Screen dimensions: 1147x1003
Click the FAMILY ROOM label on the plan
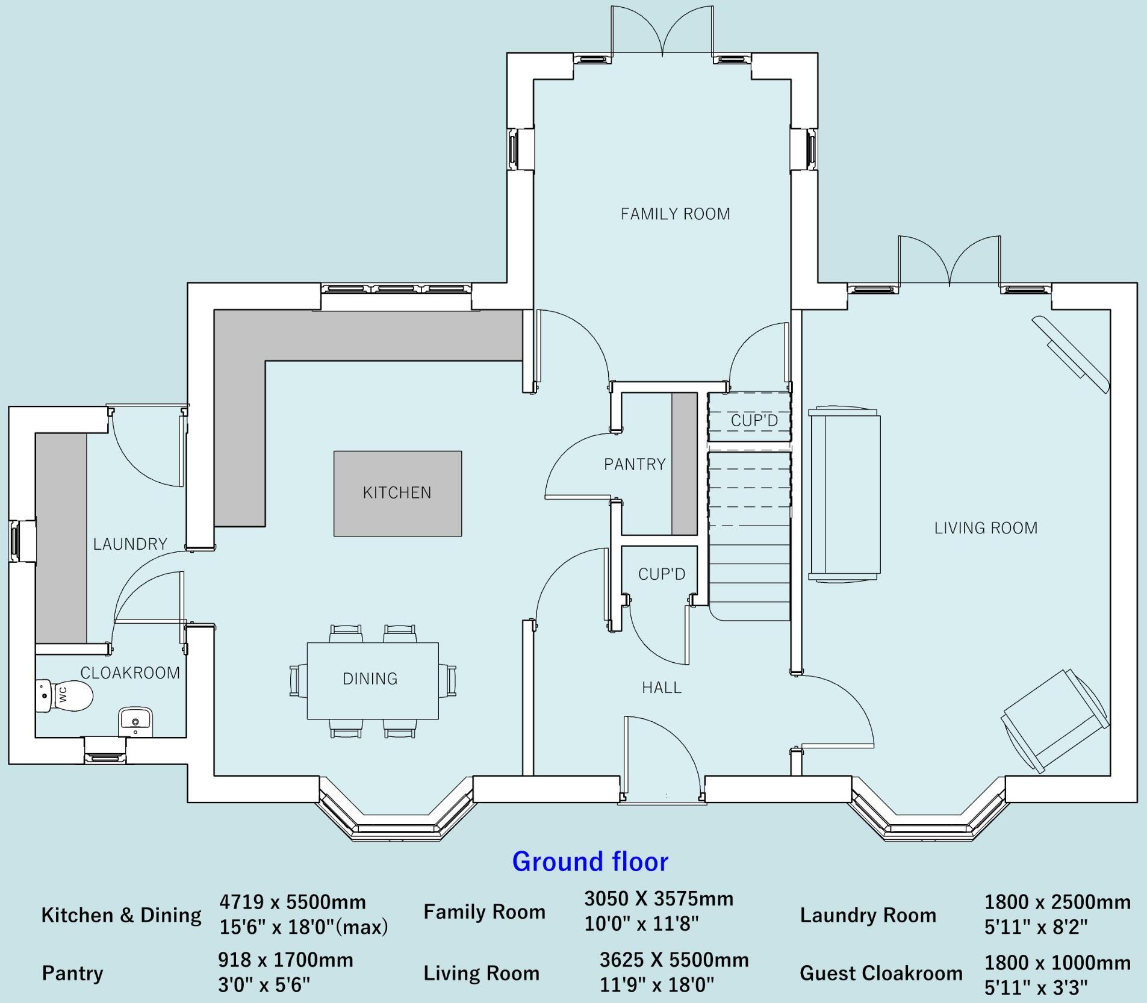click(675, 214)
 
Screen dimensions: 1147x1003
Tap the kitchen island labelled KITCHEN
click(397, 493)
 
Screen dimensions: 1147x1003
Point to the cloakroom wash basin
click(135, 720)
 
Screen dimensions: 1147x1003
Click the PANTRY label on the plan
click(635, 465)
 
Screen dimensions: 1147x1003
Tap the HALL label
click(662, 688)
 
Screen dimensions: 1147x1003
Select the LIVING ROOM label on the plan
click(986, 529)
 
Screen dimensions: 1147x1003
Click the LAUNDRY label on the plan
click(130, 545)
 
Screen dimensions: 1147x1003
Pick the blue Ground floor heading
click(590, 862)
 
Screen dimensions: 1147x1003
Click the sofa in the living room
click(844, 494)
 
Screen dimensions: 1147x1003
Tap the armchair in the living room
click(1055, 720)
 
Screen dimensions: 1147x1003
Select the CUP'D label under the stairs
click(662, 574)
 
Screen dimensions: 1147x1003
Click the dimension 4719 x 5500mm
click(293, 902)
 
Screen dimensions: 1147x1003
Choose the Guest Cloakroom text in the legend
click(881, 973)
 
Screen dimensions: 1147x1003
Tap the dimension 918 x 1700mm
click(285, 960)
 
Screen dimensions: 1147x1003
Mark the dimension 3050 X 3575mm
click(659, 899)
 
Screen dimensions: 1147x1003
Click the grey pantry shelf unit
click(684, 464)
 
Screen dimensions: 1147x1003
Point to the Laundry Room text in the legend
click(868, 916)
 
